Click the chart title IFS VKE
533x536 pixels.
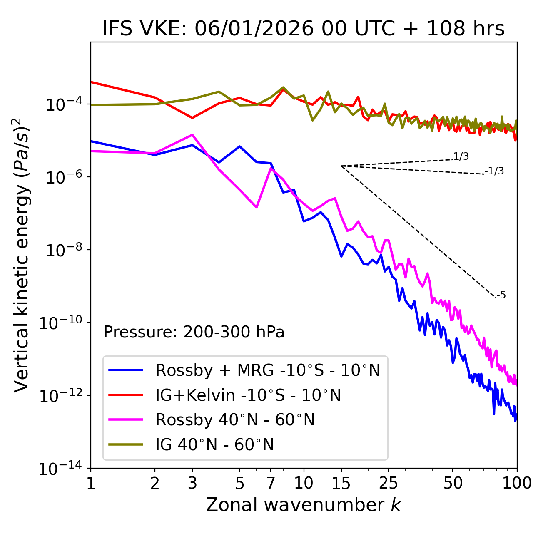[x=304, y=29]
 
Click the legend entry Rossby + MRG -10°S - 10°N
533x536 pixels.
[x=268, y=370]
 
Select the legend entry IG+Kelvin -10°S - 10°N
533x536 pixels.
[x=248, y=395]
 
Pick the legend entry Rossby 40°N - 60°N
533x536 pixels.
[x=235, y=420]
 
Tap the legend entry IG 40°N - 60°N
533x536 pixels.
[x=214, y=445]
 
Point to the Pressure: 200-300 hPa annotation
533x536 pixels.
[x=194, y=332]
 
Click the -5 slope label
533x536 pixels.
[x=501, y=295]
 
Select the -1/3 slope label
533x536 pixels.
[x=495, y=171]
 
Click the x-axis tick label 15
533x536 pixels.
[x=341, y=483]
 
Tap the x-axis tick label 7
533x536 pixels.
[x=271, y=483]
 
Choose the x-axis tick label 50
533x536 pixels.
[x=453, y=483]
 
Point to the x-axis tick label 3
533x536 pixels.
[x=192, y=483]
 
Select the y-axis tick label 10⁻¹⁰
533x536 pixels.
[x=60, y=323]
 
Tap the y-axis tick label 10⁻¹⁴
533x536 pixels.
[x=60, y=469]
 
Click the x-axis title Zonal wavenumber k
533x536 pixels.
[x=304, y=505]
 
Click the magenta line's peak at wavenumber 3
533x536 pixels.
[x=192, y=135]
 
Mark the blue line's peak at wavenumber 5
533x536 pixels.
[x=239, y=146]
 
